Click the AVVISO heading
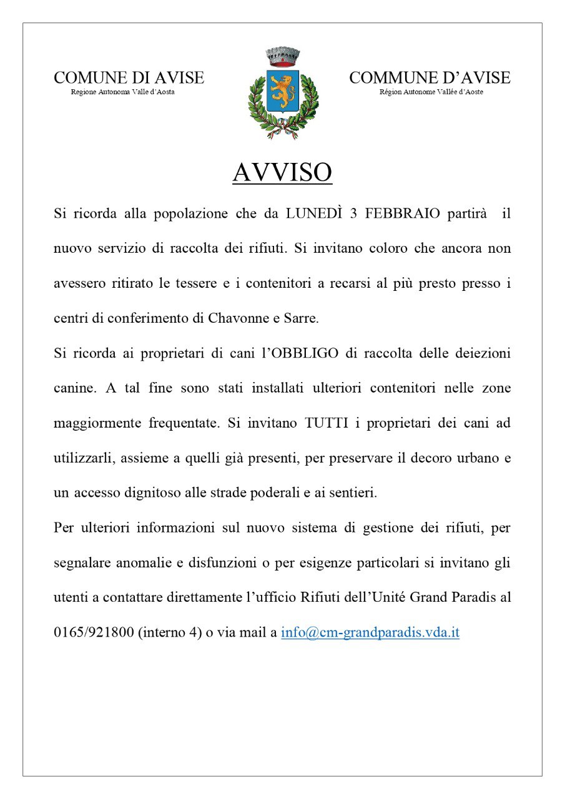click(282, 172)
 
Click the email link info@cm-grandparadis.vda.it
click(370, 632)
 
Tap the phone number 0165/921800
click(94, 632)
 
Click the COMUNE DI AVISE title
click(129, 78)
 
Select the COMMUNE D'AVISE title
click(430, 78)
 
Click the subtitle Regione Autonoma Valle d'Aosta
click(122, 92)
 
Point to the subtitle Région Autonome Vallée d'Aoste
click(431, 92)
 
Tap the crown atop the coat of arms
click(283, 56)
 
